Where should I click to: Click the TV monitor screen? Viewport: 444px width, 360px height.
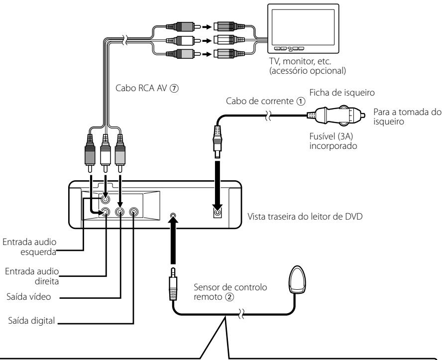point(303,26)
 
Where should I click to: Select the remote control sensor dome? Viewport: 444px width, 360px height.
point(297,279)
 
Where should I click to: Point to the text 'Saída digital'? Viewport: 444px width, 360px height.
point(31,321)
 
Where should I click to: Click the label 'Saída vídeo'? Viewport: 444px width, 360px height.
point(28,297)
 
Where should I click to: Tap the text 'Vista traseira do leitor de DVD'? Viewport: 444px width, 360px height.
point(305,217)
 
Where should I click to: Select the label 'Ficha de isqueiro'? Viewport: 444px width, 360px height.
point(342,93)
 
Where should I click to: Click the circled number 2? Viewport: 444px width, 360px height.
point(229,297)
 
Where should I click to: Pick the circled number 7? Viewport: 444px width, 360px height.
point(174,88)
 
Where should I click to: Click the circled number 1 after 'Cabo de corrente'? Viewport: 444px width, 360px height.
point(301,102)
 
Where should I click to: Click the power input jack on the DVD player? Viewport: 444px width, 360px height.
point(218,212)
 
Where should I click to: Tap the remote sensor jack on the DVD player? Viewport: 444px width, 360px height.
point(174,215)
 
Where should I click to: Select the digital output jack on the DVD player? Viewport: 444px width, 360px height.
point(134,212)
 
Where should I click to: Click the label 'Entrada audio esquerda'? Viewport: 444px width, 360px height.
point(29,247)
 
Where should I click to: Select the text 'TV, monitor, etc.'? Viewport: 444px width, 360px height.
point(300,61)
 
